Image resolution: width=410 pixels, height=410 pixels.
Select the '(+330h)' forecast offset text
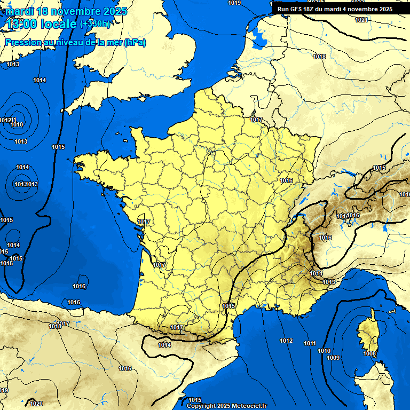[95, 24]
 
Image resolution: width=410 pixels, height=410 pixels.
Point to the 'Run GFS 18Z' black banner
[335, 9]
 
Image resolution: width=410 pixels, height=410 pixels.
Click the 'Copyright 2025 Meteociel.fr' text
[227, 406]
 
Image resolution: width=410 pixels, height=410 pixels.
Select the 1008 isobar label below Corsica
[369, 354]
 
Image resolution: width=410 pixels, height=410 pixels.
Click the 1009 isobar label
[333, 357]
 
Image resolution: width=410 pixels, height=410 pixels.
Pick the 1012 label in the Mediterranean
[286, 341]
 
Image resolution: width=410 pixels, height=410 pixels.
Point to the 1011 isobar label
[310, 343]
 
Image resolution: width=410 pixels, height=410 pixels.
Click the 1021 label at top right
[361, 20]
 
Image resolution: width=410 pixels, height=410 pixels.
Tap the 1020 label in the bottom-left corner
[36, 404]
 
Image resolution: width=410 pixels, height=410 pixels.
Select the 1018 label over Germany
[319, 57]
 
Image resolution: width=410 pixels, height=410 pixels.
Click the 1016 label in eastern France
[286, 180]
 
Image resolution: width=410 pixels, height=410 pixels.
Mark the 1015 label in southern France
[228, 306]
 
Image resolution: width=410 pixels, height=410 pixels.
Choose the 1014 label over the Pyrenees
[164, 345]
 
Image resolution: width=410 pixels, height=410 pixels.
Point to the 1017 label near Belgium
[257, 120]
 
